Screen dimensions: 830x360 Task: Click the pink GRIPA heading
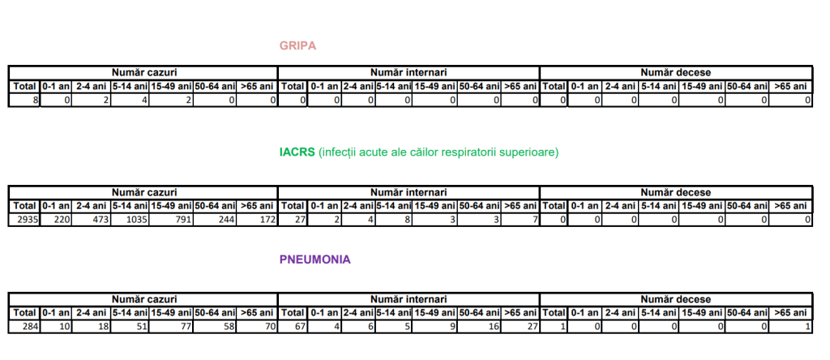pos(297,45)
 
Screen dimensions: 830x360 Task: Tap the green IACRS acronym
pos(297,152)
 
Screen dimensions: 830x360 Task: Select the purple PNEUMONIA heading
pos(315,260)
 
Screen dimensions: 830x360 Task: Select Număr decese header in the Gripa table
pos(675,72)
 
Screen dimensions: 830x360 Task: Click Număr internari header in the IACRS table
pos(409,192)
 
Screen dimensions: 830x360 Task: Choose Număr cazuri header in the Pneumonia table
pos(144,299)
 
